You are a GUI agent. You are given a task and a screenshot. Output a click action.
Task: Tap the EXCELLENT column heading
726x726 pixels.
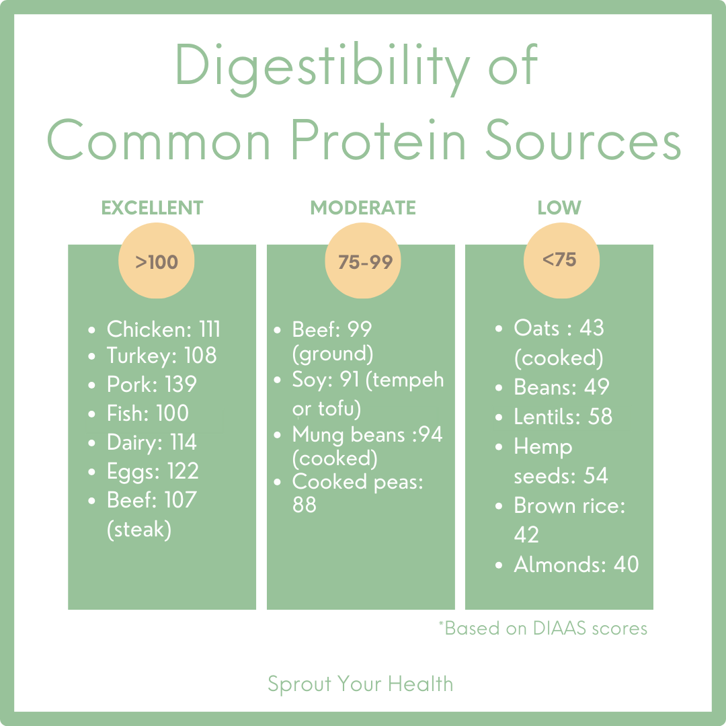(152, 208)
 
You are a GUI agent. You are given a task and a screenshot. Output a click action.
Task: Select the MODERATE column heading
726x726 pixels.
(363, 208)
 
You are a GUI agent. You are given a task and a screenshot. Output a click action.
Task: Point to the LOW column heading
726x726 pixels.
(559, 208)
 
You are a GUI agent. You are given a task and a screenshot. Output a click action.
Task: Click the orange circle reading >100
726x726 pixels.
(157, 261)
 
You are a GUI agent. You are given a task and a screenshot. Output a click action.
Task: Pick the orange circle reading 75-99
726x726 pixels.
(364, 261)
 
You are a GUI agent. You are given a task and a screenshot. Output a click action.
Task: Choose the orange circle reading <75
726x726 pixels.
(561, 260)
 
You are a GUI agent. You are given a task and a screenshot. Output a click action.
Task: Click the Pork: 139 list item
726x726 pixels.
(151, 385)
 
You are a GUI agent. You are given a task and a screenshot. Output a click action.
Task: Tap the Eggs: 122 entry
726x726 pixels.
(153, 471)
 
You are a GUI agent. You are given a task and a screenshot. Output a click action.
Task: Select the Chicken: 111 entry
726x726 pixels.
(163, 329)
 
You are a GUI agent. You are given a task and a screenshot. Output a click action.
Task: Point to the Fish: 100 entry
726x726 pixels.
(147, 413)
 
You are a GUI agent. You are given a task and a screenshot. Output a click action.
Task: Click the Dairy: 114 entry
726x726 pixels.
(151, 442)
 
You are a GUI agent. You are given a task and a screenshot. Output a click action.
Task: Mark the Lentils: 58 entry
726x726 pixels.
(563, 417)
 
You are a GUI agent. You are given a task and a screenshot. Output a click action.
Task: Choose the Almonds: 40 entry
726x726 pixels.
(576, 565)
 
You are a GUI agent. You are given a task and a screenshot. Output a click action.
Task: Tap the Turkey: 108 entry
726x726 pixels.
(161, 356)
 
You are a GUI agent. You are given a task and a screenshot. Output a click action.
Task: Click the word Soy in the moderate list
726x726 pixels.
(307, 380)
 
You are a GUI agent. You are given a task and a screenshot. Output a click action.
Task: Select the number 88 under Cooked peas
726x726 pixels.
(305, 505)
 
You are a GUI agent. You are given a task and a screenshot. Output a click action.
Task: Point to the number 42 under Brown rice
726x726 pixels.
(526, 535)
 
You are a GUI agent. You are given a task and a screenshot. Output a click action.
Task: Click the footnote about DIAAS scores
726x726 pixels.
(542, 628)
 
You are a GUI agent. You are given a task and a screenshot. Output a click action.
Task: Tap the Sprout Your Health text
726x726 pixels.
(360, 684)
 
